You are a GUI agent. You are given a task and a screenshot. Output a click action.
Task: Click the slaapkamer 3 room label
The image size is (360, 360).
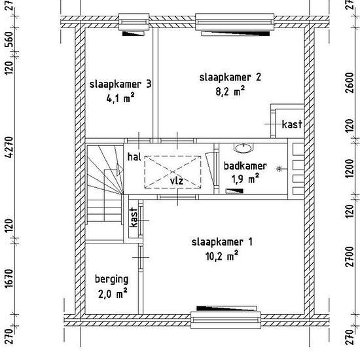click(x=120, y=84)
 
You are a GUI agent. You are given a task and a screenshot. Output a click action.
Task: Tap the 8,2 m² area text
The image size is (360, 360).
click(x=230, y=92)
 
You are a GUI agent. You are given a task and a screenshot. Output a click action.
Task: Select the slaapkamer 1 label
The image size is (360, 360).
click(x=222, y=242)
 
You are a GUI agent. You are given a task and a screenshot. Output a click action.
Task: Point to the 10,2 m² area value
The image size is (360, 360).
click(x=222, y=256)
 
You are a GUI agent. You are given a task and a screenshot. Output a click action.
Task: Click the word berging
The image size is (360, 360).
click(x=111, y=279)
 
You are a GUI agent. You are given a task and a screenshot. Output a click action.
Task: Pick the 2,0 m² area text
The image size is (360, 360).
click(x=113, y=294)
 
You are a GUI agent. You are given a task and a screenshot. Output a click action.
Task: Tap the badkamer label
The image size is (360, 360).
click(x=245, y=166)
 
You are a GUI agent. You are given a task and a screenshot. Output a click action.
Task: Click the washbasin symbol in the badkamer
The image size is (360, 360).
click(x=243, y=148)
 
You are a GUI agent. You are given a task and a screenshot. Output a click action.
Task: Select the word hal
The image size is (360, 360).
click(x=134, y=157)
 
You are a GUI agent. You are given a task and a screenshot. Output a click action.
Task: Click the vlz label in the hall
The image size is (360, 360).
click(x=177, y=181)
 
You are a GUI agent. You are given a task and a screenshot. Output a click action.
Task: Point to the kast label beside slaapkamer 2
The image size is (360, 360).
click(x=292, y=124)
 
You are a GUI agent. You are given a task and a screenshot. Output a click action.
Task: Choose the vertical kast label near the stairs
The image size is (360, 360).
click(x=134, y=217)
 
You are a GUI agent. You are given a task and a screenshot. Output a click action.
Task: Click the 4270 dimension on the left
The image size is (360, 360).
click(x=9, y=147)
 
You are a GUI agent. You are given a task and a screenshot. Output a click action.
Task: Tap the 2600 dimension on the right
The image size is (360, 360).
click(x=350, y=82)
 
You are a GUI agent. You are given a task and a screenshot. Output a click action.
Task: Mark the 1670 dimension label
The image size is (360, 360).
click(x=9, y=279)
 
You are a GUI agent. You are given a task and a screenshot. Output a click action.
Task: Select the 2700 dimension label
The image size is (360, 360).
click(x=350, y=257)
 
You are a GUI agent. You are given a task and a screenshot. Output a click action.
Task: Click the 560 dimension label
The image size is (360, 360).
click(x=9, y=39)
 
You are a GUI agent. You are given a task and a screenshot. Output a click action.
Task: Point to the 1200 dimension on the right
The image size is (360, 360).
click(x=350, y=168)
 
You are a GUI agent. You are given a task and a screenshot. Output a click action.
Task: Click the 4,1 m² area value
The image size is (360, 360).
click(x=120, y=98)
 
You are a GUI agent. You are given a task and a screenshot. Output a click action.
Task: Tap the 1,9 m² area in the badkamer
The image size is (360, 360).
click(x=245, y=179)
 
